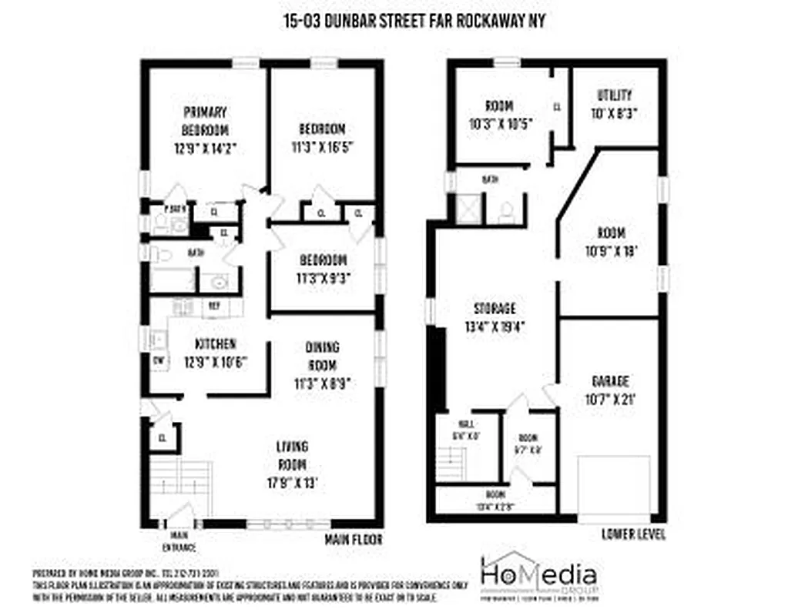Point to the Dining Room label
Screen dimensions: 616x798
(321, 356)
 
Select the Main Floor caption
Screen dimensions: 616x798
(354, 539)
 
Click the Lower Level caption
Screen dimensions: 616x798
(632, 534)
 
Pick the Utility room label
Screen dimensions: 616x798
(614, 95)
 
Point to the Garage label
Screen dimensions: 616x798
(610, 381)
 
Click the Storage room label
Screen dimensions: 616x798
(494, 308)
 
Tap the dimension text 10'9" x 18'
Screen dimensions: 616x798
(611, 250)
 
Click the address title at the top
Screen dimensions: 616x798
(414, 22)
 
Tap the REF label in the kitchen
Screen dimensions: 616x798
(212, 305)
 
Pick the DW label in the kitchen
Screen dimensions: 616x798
(159, 360)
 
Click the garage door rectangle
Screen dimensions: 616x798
(614, 486)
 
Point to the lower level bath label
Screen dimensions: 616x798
(490, 179)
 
